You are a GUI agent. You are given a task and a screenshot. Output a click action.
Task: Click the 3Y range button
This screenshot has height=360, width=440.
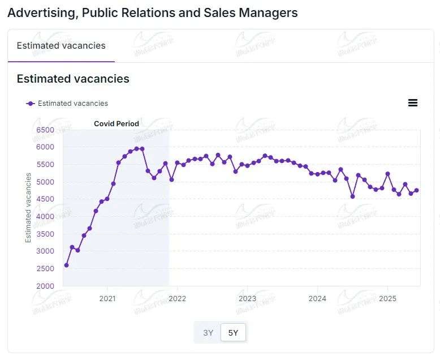[208, 333]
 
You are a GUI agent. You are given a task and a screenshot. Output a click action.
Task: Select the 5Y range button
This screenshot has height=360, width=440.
[233, 333]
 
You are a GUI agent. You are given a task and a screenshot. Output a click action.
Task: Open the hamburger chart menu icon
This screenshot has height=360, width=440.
[413, 102]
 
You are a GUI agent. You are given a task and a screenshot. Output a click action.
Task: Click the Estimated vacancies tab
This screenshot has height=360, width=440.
[61, 46]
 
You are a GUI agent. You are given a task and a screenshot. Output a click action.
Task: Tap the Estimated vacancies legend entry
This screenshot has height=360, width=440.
[67, 104]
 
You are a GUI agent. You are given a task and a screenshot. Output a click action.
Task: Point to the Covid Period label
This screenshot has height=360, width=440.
[116, 123]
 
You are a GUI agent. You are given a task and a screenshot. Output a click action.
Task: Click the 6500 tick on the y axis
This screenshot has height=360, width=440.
[45, 130]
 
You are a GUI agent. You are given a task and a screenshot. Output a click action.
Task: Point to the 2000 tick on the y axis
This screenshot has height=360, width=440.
[45, 286]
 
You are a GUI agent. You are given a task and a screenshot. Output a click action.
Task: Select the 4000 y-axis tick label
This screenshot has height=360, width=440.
[45, 217]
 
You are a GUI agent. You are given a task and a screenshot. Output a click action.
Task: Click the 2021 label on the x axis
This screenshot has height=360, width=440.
[107, 298]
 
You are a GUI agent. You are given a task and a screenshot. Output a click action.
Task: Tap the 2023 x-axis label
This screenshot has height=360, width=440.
[247, 298]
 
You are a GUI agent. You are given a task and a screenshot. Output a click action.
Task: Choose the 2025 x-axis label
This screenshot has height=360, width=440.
[387, 298]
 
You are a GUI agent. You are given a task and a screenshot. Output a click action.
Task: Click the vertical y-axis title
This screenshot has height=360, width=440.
[28, 208]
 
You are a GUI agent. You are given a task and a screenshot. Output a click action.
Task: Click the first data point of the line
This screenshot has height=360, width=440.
[66, 265]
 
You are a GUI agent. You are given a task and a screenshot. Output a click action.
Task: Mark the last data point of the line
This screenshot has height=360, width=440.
[417, 190]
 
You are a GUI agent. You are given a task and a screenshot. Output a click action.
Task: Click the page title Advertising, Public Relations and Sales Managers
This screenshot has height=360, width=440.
[153, 12]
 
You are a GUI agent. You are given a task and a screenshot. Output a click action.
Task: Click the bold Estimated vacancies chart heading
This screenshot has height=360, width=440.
[73, 79]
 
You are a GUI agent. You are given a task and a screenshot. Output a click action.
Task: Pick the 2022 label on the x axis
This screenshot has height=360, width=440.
[177, 298]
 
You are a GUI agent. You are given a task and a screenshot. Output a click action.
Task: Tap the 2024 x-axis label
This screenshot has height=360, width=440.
[317, 298]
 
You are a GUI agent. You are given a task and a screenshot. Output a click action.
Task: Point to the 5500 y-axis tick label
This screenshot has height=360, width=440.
[45, 165]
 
